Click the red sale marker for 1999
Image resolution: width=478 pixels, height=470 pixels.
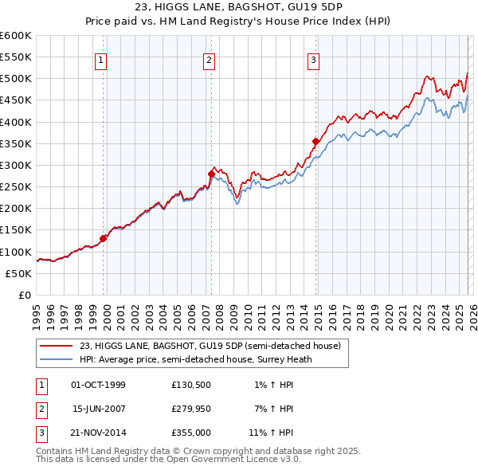pyautogui.click(x=104, y=238)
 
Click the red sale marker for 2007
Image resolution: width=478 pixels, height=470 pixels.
pyautogui.click(x=211, y=173)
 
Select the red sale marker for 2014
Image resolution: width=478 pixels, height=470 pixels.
pyautogui.click(x=315, y=142)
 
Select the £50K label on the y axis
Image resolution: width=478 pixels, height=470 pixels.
pyautogui.click(x=19, y=273)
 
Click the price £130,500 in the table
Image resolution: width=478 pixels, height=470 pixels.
pyautogui.click(x=190, y=385)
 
